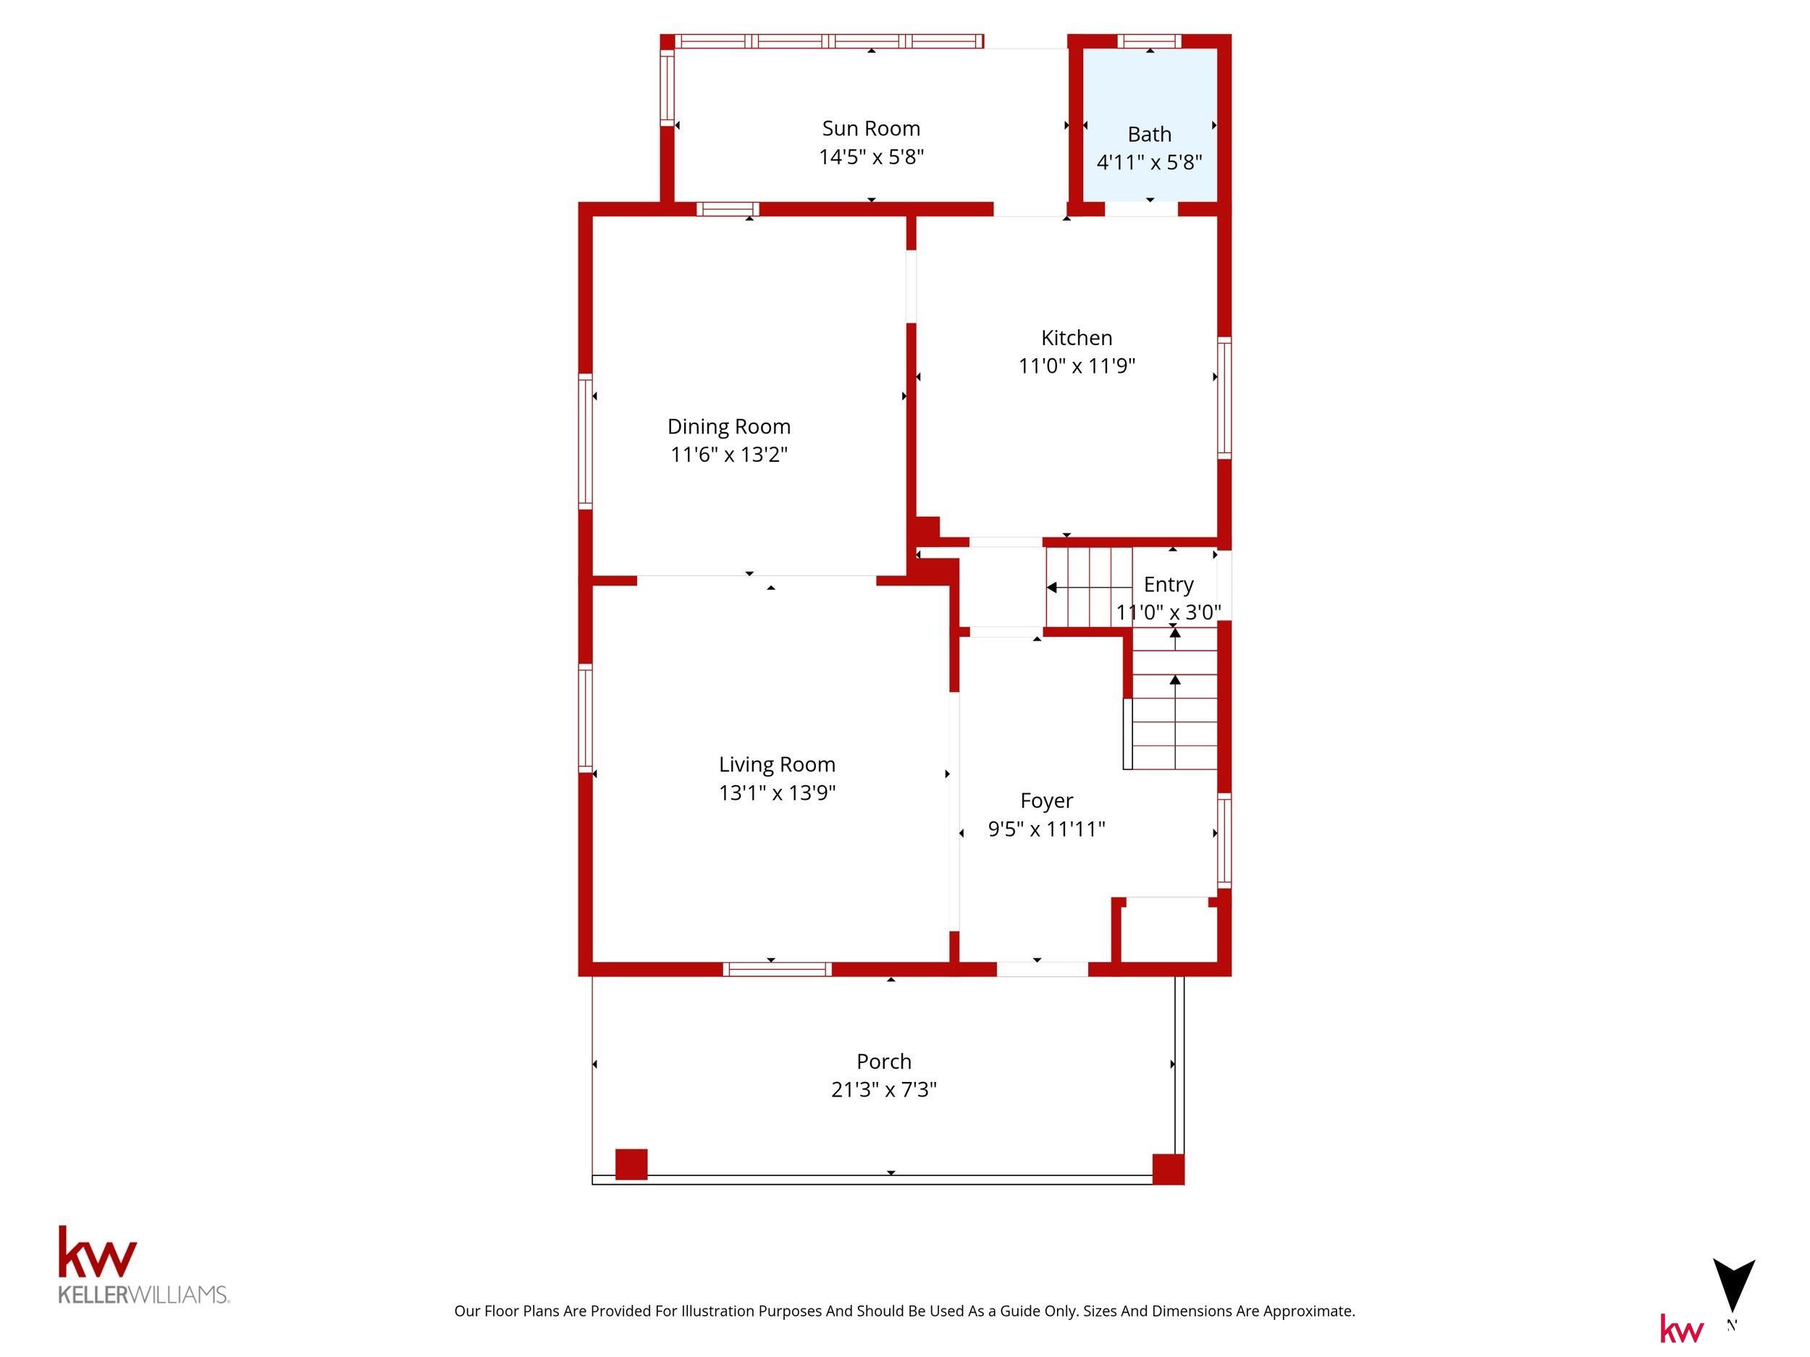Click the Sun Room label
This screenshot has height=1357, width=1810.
[871, 128]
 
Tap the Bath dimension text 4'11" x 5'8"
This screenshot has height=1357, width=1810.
[1149, 162]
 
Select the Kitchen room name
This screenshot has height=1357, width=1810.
[1076, 338]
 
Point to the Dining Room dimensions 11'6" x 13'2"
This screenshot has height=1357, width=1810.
[728, 454]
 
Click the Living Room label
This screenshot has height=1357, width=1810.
[777, 765]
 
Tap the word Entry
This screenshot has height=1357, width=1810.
[1168, 585]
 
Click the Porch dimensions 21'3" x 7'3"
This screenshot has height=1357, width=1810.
[884, 1089]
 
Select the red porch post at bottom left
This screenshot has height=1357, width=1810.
[631, 1164]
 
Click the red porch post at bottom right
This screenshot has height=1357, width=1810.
[1168, 1169]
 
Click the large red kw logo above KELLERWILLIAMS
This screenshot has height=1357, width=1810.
[97, 1252]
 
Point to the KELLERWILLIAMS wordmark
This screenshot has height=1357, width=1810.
[143, 1295]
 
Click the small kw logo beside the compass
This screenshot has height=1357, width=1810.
[1682, 1329]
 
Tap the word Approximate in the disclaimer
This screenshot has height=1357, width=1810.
[1309, 1311]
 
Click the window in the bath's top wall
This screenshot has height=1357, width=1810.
[1149, 41]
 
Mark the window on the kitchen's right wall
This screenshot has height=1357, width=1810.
[1224, 397]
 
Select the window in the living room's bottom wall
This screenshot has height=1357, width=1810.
[777, 969]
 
